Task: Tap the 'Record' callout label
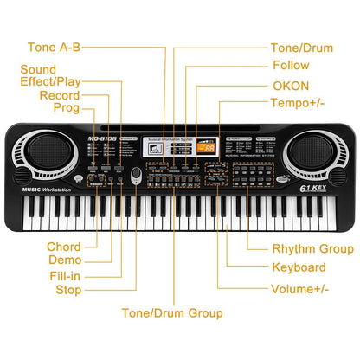point(60,95)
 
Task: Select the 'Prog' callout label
point(66,108)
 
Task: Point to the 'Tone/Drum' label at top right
point(302,48)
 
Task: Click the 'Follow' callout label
point(291,66)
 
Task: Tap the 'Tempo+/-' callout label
point(299,104)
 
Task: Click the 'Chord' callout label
point(65,247)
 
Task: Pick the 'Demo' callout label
point(65,260)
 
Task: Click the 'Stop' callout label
point(69,289)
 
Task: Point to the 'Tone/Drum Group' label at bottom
point(171,312)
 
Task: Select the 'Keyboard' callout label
point(299,268)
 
